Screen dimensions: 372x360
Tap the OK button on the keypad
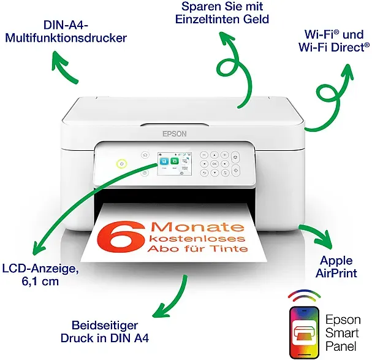214,164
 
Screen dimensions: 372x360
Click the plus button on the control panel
224,155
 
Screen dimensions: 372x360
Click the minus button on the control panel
204,155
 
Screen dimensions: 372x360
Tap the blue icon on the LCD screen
164,161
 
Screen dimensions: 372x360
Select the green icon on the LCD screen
175,161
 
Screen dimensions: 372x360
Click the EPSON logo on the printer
175,134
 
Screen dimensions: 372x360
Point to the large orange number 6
121,236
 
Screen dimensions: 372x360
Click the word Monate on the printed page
197,227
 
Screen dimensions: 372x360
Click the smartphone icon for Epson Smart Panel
305,332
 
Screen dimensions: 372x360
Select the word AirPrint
336,273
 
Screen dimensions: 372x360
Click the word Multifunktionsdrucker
66,38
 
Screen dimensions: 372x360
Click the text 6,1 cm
40,281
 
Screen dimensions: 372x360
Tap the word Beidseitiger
105,326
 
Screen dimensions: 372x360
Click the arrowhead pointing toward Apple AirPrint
325,240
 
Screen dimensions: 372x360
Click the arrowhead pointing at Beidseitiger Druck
162,310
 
